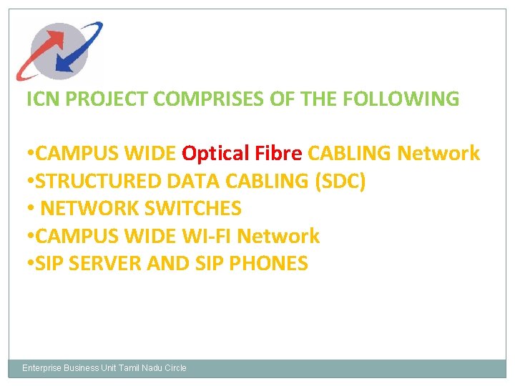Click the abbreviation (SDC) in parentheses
tap(340, 182)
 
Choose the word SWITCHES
tap(193, 209)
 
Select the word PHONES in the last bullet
tap(269, 263)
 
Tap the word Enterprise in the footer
tap(41, 368)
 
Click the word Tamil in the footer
tap(130, 368)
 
